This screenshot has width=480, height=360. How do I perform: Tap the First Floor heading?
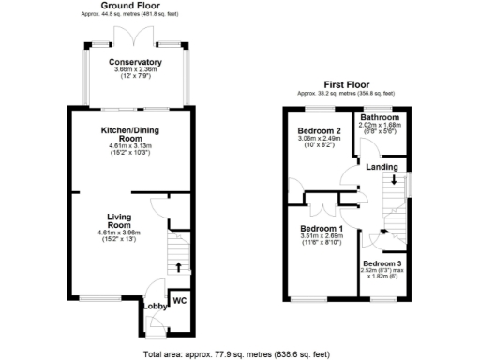click(x=346, y=82)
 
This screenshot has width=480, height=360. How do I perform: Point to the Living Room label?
click(x=118, y=220)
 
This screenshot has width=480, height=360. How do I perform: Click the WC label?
click(x=180, y=300)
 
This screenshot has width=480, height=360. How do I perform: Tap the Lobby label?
click(x=154, y=307)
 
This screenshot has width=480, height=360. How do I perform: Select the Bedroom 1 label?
click(x=322, y=229)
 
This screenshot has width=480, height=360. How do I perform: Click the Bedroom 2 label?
click(x=319, y=130)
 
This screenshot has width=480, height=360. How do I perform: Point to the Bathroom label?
click(x=380, y=117)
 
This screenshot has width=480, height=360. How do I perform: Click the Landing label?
click(x=382, y=167)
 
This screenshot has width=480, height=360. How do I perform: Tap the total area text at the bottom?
click(x=235, y=354)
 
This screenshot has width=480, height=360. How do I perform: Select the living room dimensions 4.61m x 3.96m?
click(x=118, y=232)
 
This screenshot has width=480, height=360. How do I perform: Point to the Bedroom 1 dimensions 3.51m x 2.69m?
click(x=322, y=237)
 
